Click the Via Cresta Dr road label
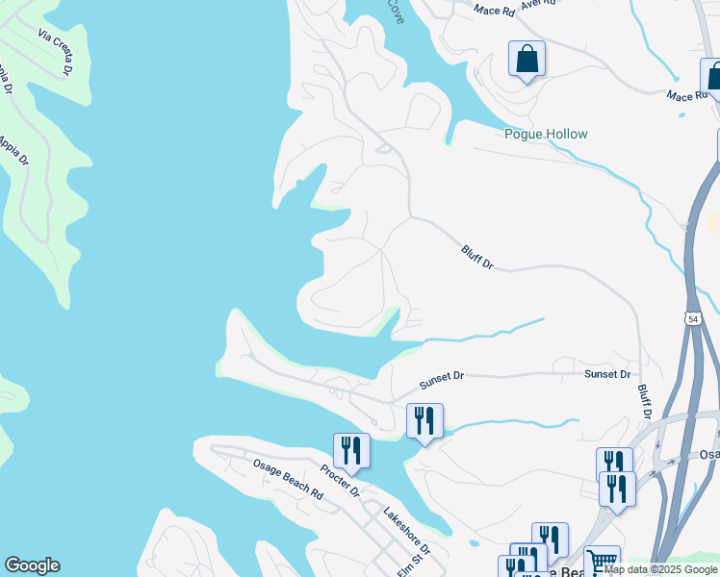pyautogui.click(x=56, y=52)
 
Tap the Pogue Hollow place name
pyautogui.click(x=546, y=135)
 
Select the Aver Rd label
pyautogui.click(x=538, y=4)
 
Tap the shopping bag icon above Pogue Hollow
pyautogui.click(x=527, y=60)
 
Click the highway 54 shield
pyautogui.click(x=693, y=318)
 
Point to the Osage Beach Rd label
pyautogui.click(x=288, y=477)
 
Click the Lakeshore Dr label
pyautogui.click(x=408, y=531)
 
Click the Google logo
pyautogui.click(x=32, y=565)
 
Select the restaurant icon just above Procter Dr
pyautogui.click(x=351, y=450)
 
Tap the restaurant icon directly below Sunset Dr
pyautogui.click(x=424, y=421)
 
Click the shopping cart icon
pyautogui.click(x=602, y=561)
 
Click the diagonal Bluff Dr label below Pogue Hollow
pyautogui.click(x=476, y=256)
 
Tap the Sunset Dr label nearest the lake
pyautogui.click(x=442, y=380)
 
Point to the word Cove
pyautogui.click(x=396, y=12)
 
